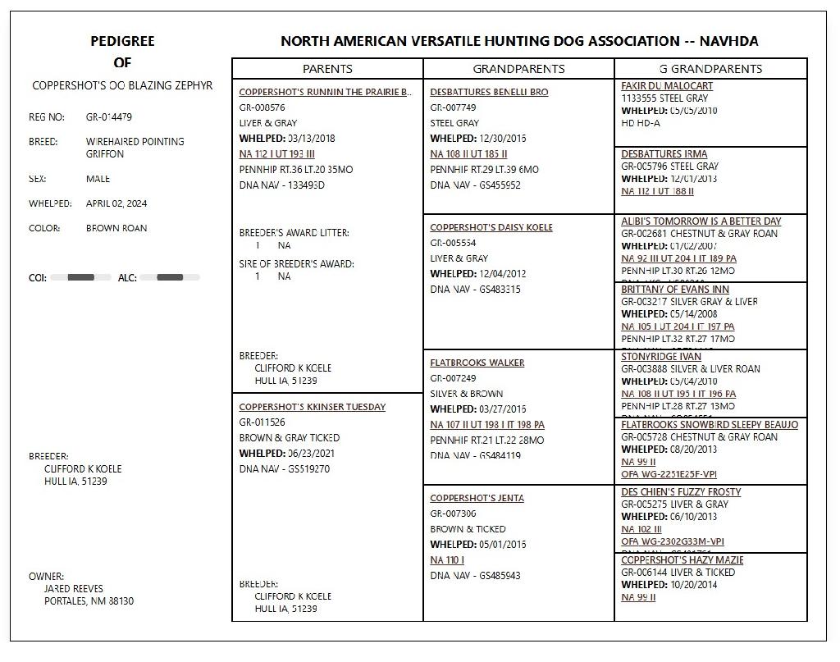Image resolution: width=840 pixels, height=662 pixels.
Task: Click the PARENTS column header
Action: click(327, 69)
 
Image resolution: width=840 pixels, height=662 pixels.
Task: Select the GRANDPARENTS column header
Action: click(518, 69)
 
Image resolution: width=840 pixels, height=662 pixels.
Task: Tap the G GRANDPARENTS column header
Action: click(710, 69)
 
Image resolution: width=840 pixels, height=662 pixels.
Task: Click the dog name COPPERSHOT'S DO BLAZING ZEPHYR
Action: click(122, 85)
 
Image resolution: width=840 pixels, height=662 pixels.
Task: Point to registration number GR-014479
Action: click(109, 117)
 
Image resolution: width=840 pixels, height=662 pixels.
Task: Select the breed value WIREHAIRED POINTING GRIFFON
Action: click(135, 148)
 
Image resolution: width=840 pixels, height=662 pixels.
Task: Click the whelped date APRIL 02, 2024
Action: click(116, 203)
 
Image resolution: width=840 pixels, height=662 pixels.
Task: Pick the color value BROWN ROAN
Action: click(116, 228)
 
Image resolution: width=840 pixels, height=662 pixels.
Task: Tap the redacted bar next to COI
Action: click(80, 277)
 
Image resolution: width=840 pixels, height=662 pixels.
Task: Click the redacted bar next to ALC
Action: click(170, 277)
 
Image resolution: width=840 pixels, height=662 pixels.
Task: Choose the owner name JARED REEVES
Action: click(74, 589)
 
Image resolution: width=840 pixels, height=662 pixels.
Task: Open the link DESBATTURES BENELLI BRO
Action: click(489, 92)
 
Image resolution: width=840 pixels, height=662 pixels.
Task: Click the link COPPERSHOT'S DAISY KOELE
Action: click(491, 227)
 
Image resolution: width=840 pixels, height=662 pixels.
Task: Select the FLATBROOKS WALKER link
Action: click(477, 363)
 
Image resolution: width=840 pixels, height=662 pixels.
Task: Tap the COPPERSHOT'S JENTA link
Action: click(477, 498)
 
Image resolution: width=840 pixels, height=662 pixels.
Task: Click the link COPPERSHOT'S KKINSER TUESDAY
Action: click(312, 407)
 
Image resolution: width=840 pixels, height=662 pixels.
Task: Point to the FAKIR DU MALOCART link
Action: click(667, 85)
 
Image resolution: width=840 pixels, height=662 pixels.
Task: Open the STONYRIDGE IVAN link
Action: click(661, 357)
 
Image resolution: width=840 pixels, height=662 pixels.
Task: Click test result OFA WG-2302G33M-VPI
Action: click(673, 541)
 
